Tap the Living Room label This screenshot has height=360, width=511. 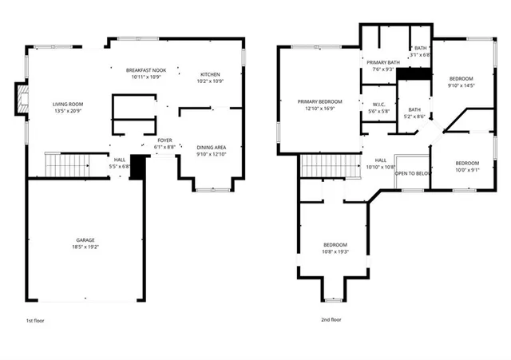coord(68,104)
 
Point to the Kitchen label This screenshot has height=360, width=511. coord(210,73)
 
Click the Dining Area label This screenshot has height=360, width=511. coord(212,147)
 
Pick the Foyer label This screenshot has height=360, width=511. coord(164,140)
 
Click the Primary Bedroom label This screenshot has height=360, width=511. coord(319,101)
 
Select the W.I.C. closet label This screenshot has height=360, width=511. coord(380,104)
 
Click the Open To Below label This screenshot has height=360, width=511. coord(413,172)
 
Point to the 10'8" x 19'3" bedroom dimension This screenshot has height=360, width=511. coord(335,251)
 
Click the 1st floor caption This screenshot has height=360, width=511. coord(35,319)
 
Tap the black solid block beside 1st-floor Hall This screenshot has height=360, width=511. coord(137,166)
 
